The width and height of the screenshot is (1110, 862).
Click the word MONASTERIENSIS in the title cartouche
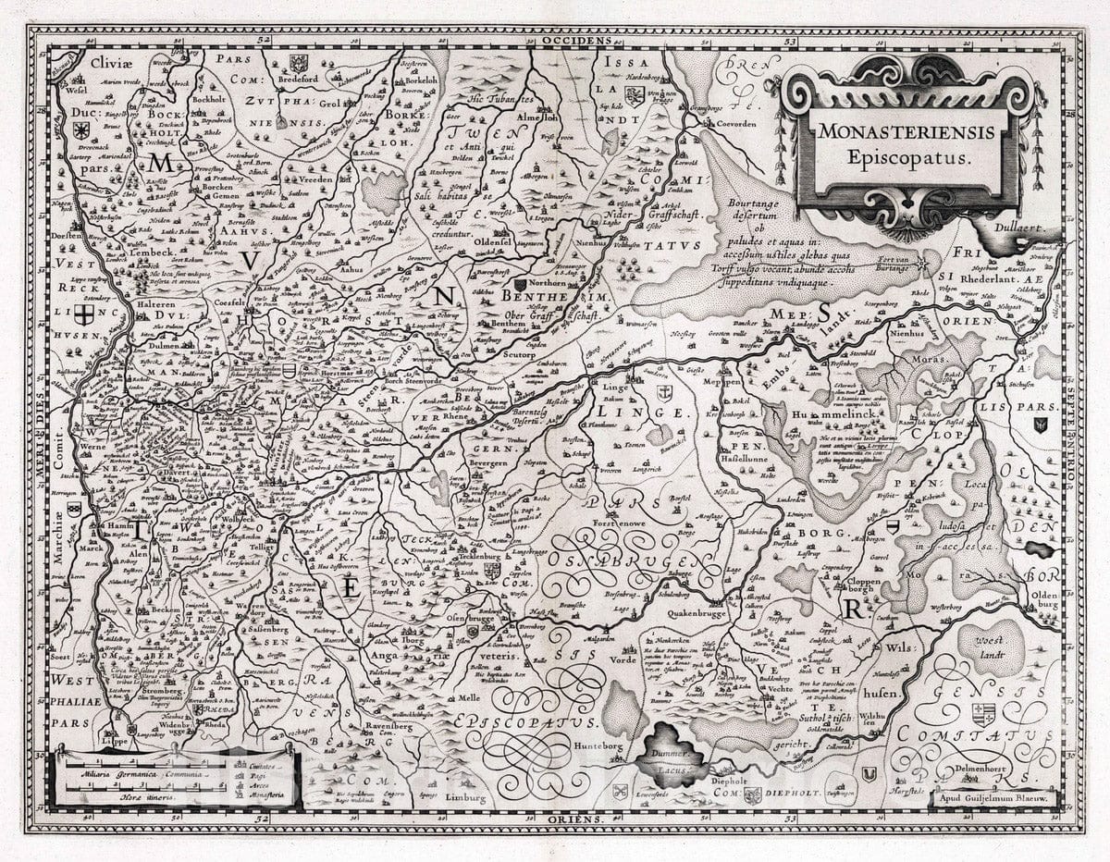point(906,131)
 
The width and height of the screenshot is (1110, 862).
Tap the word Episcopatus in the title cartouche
point(906,157)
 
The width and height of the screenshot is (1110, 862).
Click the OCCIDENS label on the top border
point(577,41)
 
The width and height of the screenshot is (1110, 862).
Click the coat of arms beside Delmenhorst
point(982,713)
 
